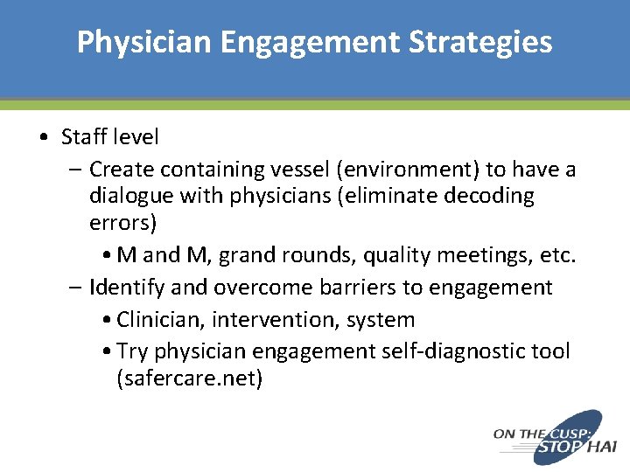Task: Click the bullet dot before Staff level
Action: click(x=44, y=138)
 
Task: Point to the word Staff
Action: click(x=84, y=137)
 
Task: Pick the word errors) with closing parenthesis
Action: click(x=122, y=223)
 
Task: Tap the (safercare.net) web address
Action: click(x=189, y=379)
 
